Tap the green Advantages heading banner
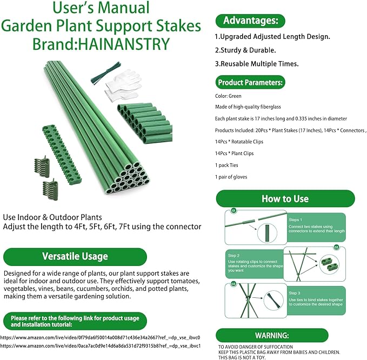click(250, 21)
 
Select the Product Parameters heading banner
click(250, 83)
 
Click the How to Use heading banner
click(285, 198)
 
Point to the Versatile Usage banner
click(75, 256)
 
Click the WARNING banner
click(272, 335)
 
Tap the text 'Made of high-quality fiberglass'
click(248, 107)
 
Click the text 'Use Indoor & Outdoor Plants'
click(52, 217)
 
